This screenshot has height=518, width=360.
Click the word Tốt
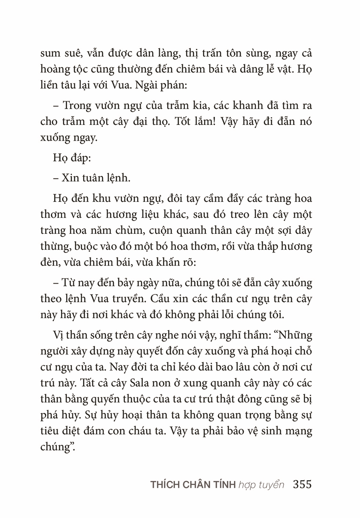pyautogui.click(x=185, y=121)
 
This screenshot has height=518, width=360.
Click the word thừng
pyautogui.click(x=53, y=247)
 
